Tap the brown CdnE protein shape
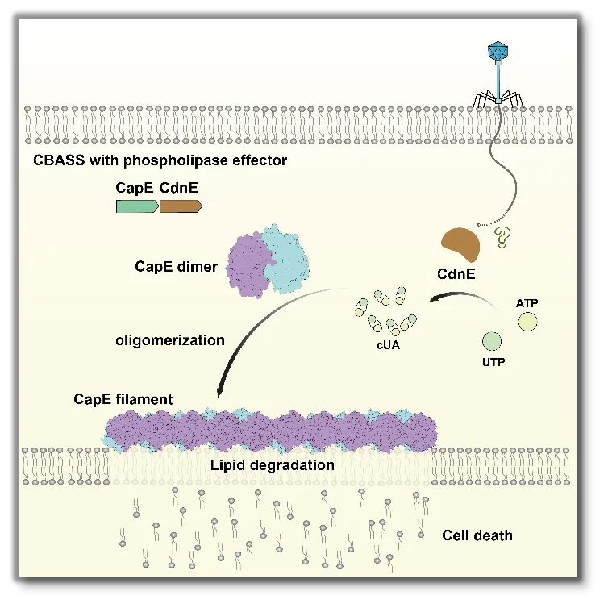(458, 244)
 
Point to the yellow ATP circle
(528, 323)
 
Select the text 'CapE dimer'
(176, 266)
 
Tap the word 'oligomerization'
(170, 339)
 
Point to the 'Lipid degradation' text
(273, 465)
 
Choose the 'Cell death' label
(477, 535)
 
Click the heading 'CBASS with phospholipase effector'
(160, 160)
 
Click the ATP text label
(527, 302)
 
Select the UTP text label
(493, 362)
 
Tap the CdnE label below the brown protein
(457, 274)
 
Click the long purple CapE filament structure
(271, 429)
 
